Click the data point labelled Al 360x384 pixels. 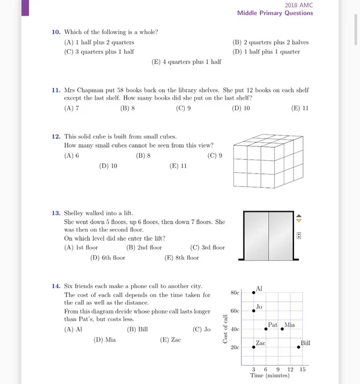click(x=254, y=293)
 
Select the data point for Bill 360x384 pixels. click(x=298, y=347)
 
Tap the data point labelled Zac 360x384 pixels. click(x=254, y=347)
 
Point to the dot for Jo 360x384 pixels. click(x=254, y=311)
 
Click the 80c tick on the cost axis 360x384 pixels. click(x=235, y=293)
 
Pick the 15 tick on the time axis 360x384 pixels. click(x=302, y=369)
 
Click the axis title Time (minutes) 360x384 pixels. click(x=270, y=376)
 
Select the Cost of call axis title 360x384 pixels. click(x=226, y=329)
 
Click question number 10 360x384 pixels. click(x=56, y=32)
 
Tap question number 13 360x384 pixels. click(x=56, y=213)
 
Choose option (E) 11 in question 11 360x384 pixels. click(x=299, y=109)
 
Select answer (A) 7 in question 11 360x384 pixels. click(x=71, y=109)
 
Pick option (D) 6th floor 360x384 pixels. click(x=108, y=258)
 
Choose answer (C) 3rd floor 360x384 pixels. click(x=207, y=247)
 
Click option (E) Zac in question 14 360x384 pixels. click(x=170, y=340)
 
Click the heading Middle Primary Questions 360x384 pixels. click(x=275, y=13)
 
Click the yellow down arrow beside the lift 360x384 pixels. click(x=299, y=220)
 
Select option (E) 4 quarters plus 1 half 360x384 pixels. click(x=187, y=62)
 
